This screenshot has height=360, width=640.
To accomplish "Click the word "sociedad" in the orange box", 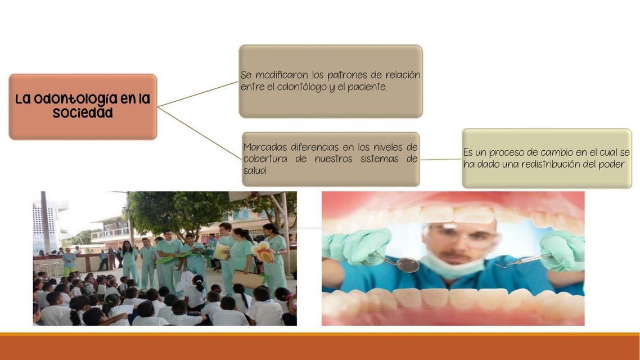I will coord(83,112).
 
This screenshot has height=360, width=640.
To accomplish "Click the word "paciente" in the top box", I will coord(366,87).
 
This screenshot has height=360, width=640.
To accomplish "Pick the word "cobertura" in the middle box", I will coord(264,159).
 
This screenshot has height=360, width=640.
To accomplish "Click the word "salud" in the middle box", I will coord(255,170).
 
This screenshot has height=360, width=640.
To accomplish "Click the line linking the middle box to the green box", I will coord(440,159).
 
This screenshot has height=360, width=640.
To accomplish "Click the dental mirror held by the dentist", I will coord(407,264).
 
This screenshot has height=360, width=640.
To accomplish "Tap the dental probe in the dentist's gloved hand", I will coord(523,260).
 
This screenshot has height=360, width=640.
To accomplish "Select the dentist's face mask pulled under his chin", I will coord(453,265).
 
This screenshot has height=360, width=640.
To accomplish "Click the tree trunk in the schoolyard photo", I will coord(130,231).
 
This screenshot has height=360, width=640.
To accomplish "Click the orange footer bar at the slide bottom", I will coord(320,348).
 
